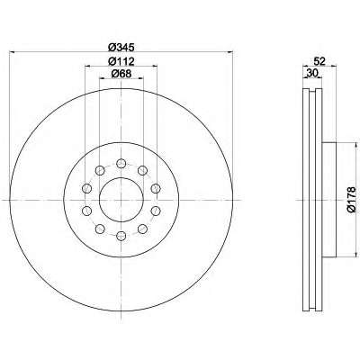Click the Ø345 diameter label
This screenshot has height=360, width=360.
pyautogui.click(x=121, y=47)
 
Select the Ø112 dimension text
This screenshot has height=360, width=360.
pyautogui.click(x=121, y=61)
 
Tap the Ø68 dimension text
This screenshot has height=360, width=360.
pyautogui.click(x=121, y=74)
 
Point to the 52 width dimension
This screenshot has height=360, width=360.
pyautogui.click(x=319, y=61)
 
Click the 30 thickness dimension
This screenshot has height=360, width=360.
pyautogui.click(x=312, y=73)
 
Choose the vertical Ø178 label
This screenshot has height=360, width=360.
pyautogui.click(x=351, y=200)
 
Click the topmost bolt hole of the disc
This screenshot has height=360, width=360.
pyautogui.click(x=121, y=164)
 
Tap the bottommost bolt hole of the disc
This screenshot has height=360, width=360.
pyautogui.click(x=121, y=236)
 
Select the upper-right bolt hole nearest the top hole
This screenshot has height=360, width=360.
pyautogui.click(x=142, y=171)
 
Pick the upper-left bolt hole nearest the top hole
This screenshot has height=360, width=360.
pyautogui.click(x=100, y=171)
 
